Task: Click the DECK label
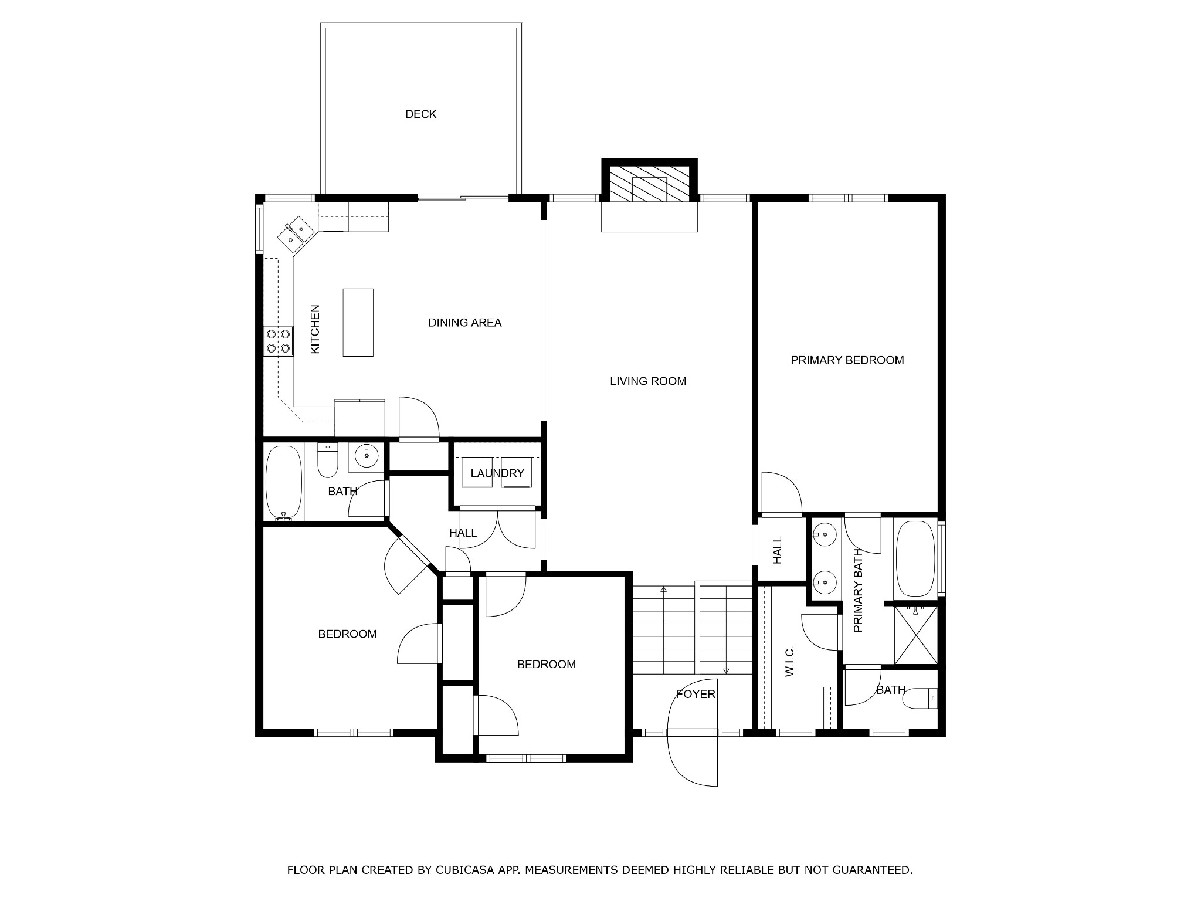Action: (420, 114)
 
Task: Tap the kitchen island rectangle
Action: (358, 322)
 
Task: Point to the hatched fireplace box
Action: (650, 189)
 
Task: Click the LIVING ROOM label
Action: (648, 381)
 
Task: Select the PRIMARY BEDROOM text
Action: (847, 360)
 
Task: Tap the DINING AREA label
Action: (465, 323)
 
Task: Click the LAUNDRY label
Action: (497, 473)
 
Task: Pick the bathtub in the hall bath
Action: (284, 483)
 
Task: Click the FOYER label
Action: (696, 695)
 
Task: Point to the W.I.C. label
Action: (789, 662)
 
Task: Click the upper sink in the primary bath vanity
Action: (825, 534)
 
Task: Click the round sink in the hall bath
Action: (367, 456)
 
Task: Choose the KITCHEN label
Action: (315, 329)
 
